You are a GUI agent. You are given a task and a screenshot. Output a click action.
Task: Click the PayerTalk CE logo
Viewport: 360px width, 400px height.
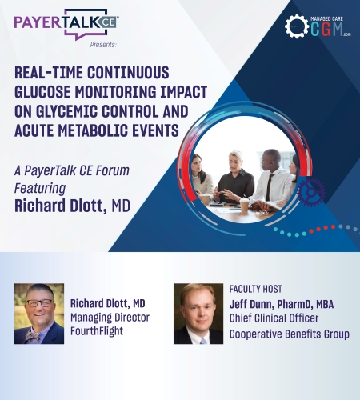(x=66, y=24)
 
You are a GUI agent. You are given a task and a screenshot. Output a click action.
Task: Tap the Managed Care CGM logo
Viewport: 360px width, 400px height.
(x=318, y=26)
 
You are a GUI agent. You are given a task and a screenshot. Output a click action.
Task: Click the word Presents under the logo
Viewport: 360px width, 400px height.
(x=103, y=45)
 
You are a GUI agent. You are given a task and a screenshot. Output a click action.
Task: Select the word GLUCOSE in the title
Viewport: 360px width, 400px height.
(x=42, y=92)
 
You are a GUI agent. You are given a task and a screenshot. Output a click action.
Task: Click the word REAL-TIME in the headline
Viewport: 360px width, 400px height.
(x=49, y=73)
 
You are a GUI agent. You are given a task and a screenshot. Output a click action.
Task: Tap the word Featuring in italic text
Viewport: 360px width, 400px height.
(x=40, y=188)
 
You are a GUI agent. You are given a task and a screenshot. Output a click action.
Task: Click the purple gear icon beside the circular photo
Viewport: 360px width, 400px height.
(x=311, y=193)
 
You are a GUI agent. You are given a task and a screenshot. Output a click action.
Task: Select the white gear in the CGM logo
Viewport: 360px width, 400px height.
(x=296, y=26)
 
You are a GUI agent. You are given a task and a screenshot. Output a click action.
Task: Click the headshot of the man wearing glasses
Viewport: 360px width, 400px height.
(x=39, y=314)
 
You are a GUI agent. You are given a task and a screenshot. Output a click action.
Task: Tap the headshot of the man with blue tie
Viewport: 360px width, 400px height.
(x=198, y=314)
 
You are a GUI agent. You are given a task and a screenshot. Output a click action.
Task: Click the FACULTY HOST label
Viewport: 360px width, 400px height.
(x=255, y=289)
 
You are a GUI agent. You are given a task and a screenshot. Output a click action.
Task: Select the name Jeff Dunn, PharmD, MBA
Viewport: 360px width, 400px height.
(x=282, y=304)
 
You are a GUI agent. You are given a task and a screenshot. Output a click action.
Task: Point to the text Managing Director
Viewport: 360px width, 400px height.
(x=110, y=318)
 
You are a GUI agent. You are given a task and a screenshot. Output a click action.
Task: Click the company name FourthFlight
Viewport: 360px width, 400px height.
(x=97, y=331)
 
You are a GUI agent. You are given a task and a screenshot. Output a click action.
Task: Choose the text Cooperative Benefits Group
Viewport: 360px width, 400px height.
(x=290, y=334)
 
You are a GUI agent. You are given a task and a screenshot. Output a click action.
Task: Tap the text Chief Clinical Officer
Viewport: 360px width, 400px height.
(x=274, y=318)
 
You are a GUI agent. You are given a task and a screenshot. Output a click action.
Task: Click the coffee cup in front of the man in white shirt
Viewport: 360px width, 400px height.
(x=244, y=206)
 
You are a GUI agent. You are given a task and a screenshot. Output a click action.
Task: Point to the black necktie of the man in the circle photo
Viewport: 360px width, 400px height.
(x=270, y=187)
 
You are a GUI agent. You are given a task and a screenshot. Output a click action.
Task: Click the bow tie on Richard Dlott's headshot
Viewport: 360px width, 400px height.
(x=33, y=336)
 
